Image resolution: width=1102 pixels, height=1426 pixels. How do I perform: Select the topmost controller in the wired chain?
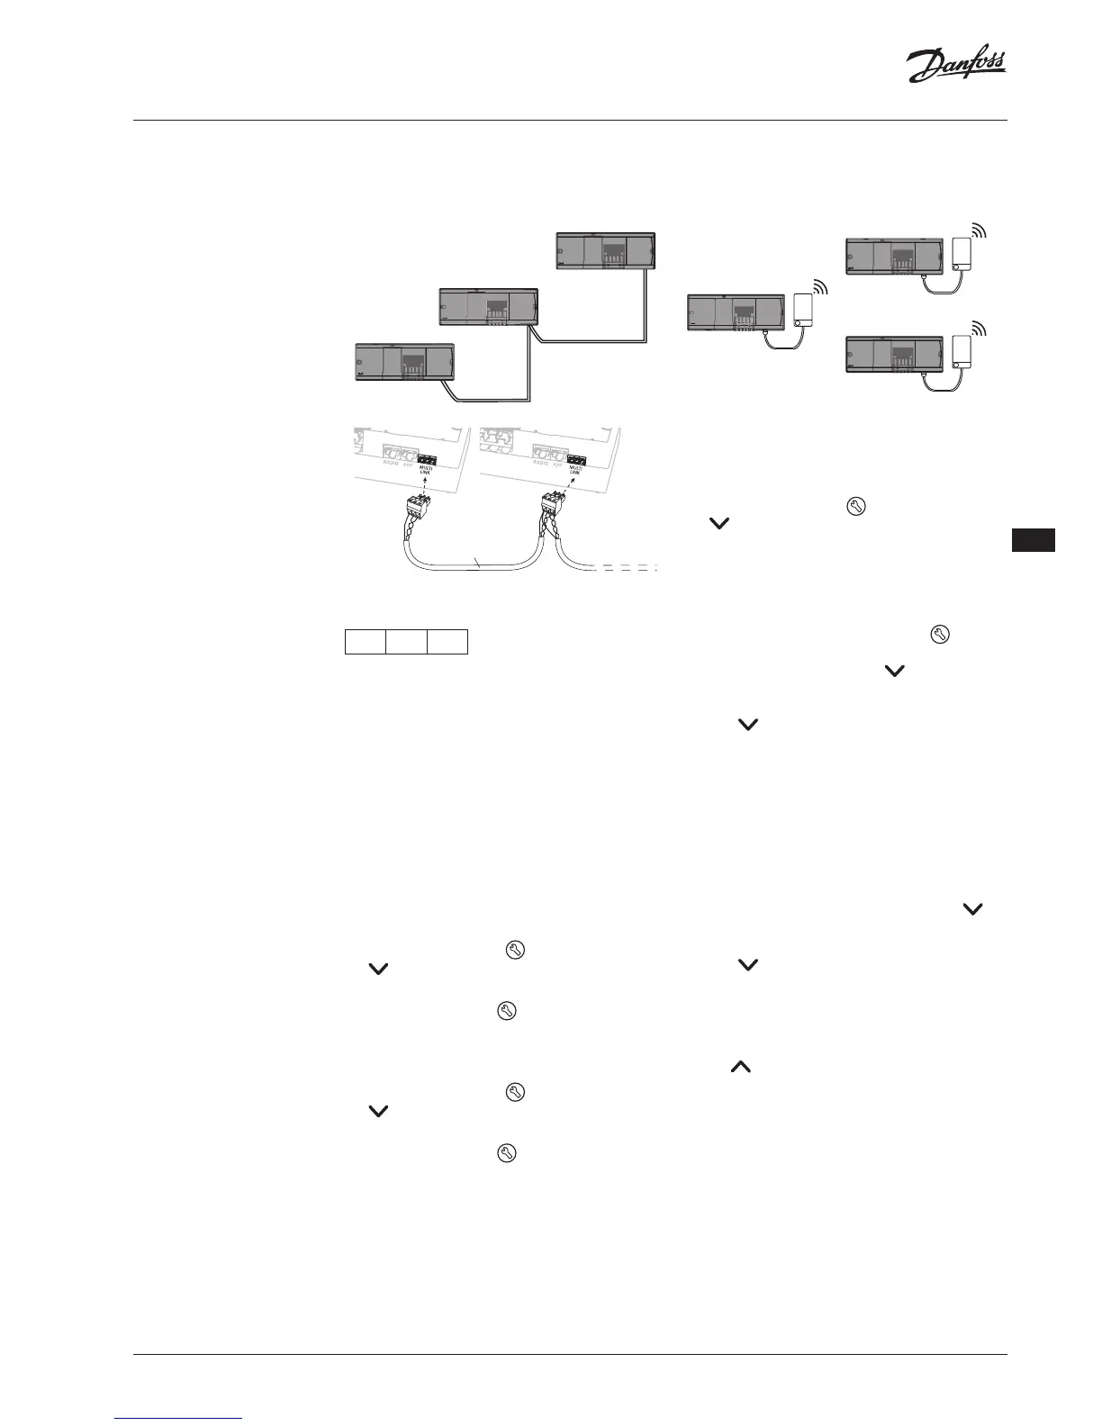[x=605, y=250]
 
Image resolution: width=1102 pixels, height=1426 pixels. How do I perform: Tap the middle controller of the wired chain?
[x=488, y=306]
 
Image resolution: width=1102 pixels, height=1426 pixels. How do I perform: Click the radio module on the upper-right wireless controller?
[x=962, y=255]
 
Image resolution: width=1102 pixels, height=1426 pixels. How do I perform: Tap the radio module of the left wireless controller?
[x=803, y=311]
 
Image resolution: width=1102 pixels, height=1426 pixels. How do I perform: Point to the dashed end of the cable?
[x=628, y=568]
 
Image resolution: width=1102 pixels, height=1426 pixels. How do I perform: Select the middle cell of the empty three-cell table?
[x=406, y=642]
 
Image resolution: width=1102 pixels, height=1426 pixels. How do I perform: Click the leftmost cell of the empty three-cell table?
[x=366, y=642]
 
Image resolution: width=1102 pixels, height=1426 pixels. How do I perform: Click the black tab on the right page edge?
[x=1033, y=540]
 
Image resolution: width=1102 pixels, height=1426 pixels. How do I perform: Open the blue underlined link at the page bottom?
[x=179, y=1418]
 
